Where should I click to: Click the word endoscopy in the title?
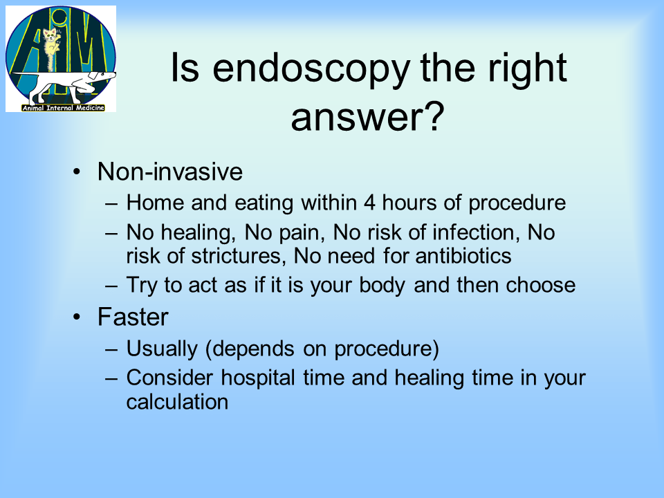coord(311,69)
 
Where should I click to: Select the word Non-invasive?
coord(170,172)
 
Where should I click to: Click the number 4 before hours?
coord(369,203)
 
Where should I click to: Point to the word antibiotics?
coord(463,256)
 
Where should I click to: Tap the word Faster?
coord(133,317)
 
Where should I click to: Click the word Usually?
coord(162,349)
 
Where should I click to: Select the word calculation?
coord(178,401)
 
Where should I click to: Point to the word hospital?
coord(258,378)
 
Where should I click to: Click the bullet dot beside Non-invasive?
coord(76,172)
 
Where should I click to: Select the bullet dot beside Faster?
coord(76,317)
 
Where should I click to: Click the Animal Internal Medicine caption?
coord(63,108)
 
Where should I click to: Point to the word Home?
coord(156,203)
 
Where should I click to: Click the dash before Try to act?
coord(111,286)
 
